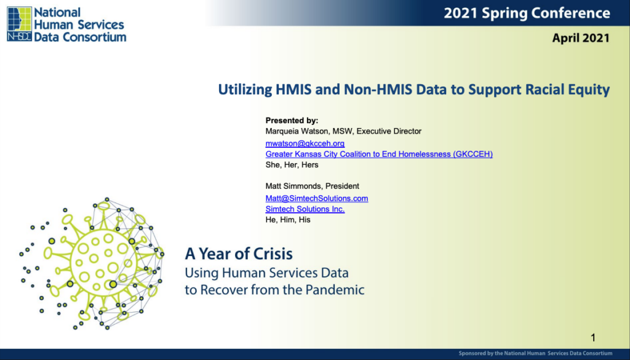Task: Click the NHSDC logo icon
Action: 19,24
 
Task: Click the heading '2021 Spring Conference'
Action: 527,14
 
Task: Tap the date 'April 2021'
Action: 581,38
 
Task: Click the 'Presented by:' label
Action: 292,121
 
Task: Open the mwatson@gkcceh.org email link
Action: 305,143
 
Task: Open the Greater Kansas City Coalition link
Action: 379,154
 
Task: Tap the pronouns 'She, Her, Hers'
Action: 292,165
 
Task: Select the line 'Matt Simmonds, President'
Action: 312,186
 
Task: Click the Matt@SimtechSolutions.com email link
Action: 317,199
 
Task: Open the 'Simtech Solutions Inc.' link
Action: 305,209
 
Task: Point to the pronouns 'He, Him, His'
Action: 288,220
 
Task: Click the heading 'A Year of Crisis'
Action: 239,254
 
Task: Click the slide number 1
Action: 593,338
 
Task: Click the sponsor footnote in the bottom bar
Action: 536,354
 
